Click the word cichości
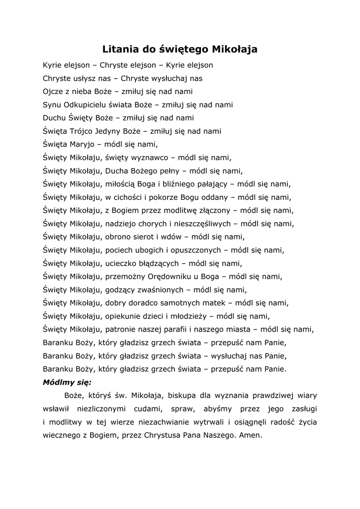coord(130,197)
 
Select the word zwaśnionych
coord(158,289)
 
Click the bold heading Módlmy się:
coord(67,382)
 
